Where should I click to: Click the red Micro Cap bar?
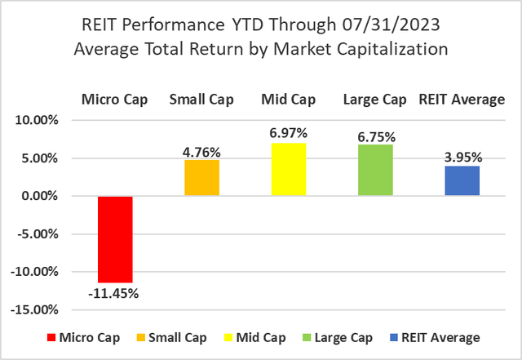[115, 239]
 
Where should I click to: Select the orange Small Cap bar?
[201, 178]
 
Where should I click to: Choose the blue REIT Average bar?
[462, 181]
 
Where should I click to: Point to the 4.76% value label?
[201, 150]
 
